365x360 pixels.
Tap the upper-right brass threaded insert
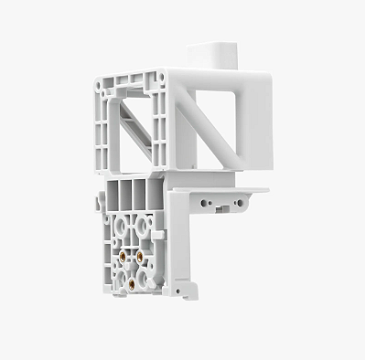coord(140,258)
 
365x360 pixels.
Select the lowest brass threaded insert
coord(131,282)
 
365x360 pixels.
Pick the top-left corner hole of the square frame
coord(104,82)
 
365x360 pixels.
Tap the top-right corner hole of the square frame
coord(161,77)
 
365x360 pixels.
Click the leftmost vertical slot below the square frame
coord(114,194)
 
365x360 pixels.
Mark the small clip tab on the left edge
coord(98,202)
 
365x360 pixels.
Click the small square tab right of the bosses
coord(158,235)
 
